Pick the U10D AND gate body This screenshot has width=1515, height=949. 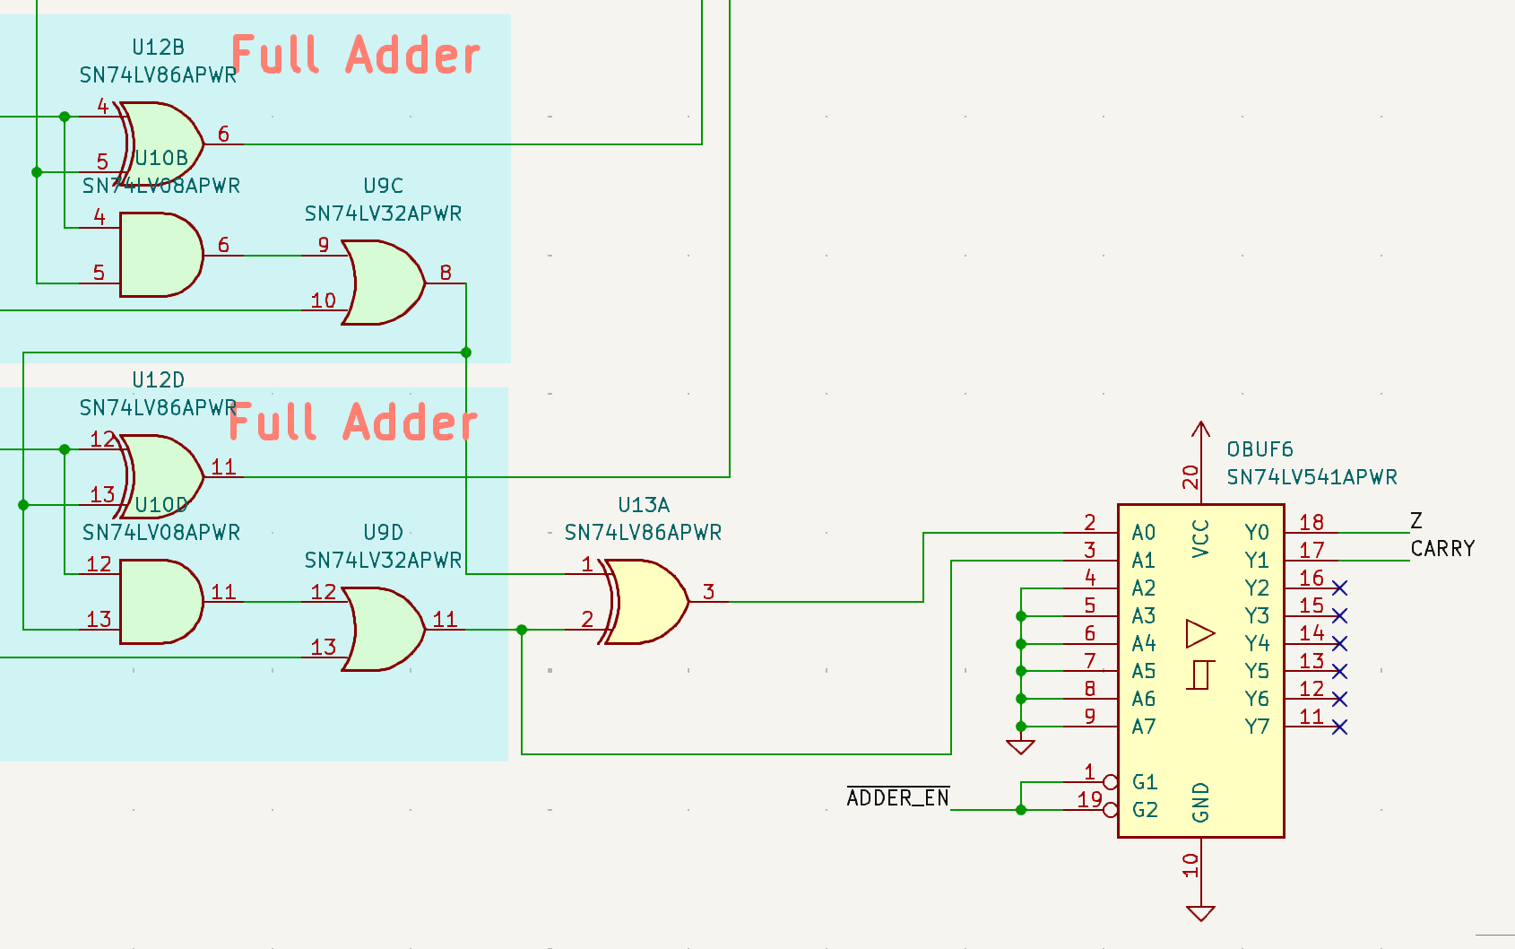click(160, 602)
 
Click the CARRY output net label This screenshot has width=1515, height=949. click(1442, 549)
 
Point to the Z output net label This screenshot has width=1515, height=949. click(1416, 521)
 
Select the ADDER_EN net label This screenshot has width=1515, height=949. click(897, 798)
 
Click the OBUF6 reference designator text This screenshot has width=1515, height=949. click(1260, 449)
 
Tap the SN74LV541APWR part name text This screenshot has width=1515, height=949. click(1312, 477)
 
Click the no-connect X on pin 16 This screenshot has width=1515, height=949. click(1339, 588)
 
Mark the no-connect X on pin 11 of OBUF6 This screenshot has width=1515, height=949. click(1339, 727)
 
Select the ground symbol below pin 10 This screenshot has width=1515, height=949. click(1200, 913)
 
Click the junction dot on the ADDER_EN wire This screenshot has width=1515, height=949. click(1021, 810)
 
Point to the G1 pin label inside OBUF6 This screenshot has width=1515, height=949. click(1145, 782)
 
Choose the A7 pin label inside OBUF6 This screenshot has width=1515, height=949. click(1144, 727)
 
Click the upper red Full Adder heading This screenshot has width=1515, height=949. click(356, 56)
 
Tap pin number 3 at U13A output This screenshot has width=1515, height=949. click(708, 592)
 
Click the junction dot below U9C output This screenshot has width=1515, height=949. click(466, 353)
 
